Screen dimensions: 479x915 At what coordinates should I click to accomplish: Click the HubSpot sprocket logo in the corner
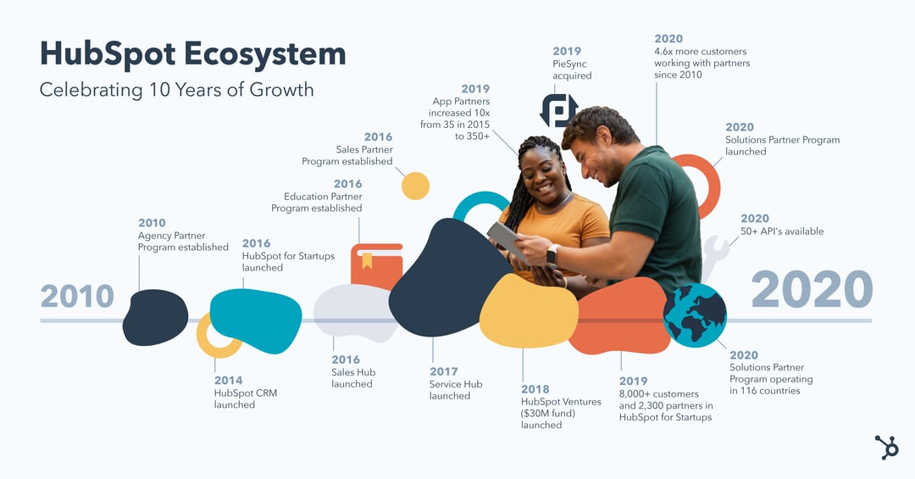pyautogui.click(x=887, y=447)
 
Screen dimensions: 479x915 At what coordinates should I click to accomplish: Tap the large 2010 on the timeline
pyautogui.click(x=77, y=297)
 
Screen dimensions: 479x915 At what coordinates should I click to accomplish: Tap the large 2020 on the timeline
pyautogui.click(x=811, y=291)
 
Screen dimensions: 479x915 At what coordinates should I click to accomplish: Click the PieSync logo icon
pyautogui.click(x=559, y=110)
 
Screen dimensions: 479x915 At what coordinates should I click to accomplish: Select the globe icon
pyautogui.click(x=695, y=315)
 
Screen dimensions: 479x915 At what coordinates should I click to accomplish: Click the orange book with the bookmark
pyautogui.click(x=376, y=265)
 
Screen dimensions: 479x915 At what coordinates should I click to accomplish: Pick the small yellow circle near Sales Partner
pyautogui.click(x=415, y=186)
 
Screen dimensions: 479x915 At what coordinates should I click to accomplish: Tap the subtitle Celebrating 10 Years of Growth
pyautogui.click(x=176, y=89)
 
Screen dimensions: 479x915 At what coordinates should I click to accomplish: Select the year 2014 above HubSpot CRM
pyautogui.click(x=228, y=381)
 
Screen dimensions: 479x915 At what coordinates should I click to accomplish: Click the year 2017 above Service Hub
pyautogui.click(x=443, y=371)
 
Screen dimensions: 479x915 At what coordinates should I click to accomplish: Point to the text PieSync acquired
pyautogui.click(x=572, y=70)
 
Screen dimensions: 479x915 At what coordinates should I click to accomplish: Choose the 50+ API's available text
pyautogui.click(x=782, y=231)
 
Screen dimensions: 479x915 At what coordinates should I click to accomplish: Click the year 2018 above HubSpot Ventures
pyautogui.click(x=535, y=389)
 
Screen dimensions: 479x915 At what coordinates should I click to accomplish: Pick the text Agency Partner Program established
pyautogui.click(x=183, y=242)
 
